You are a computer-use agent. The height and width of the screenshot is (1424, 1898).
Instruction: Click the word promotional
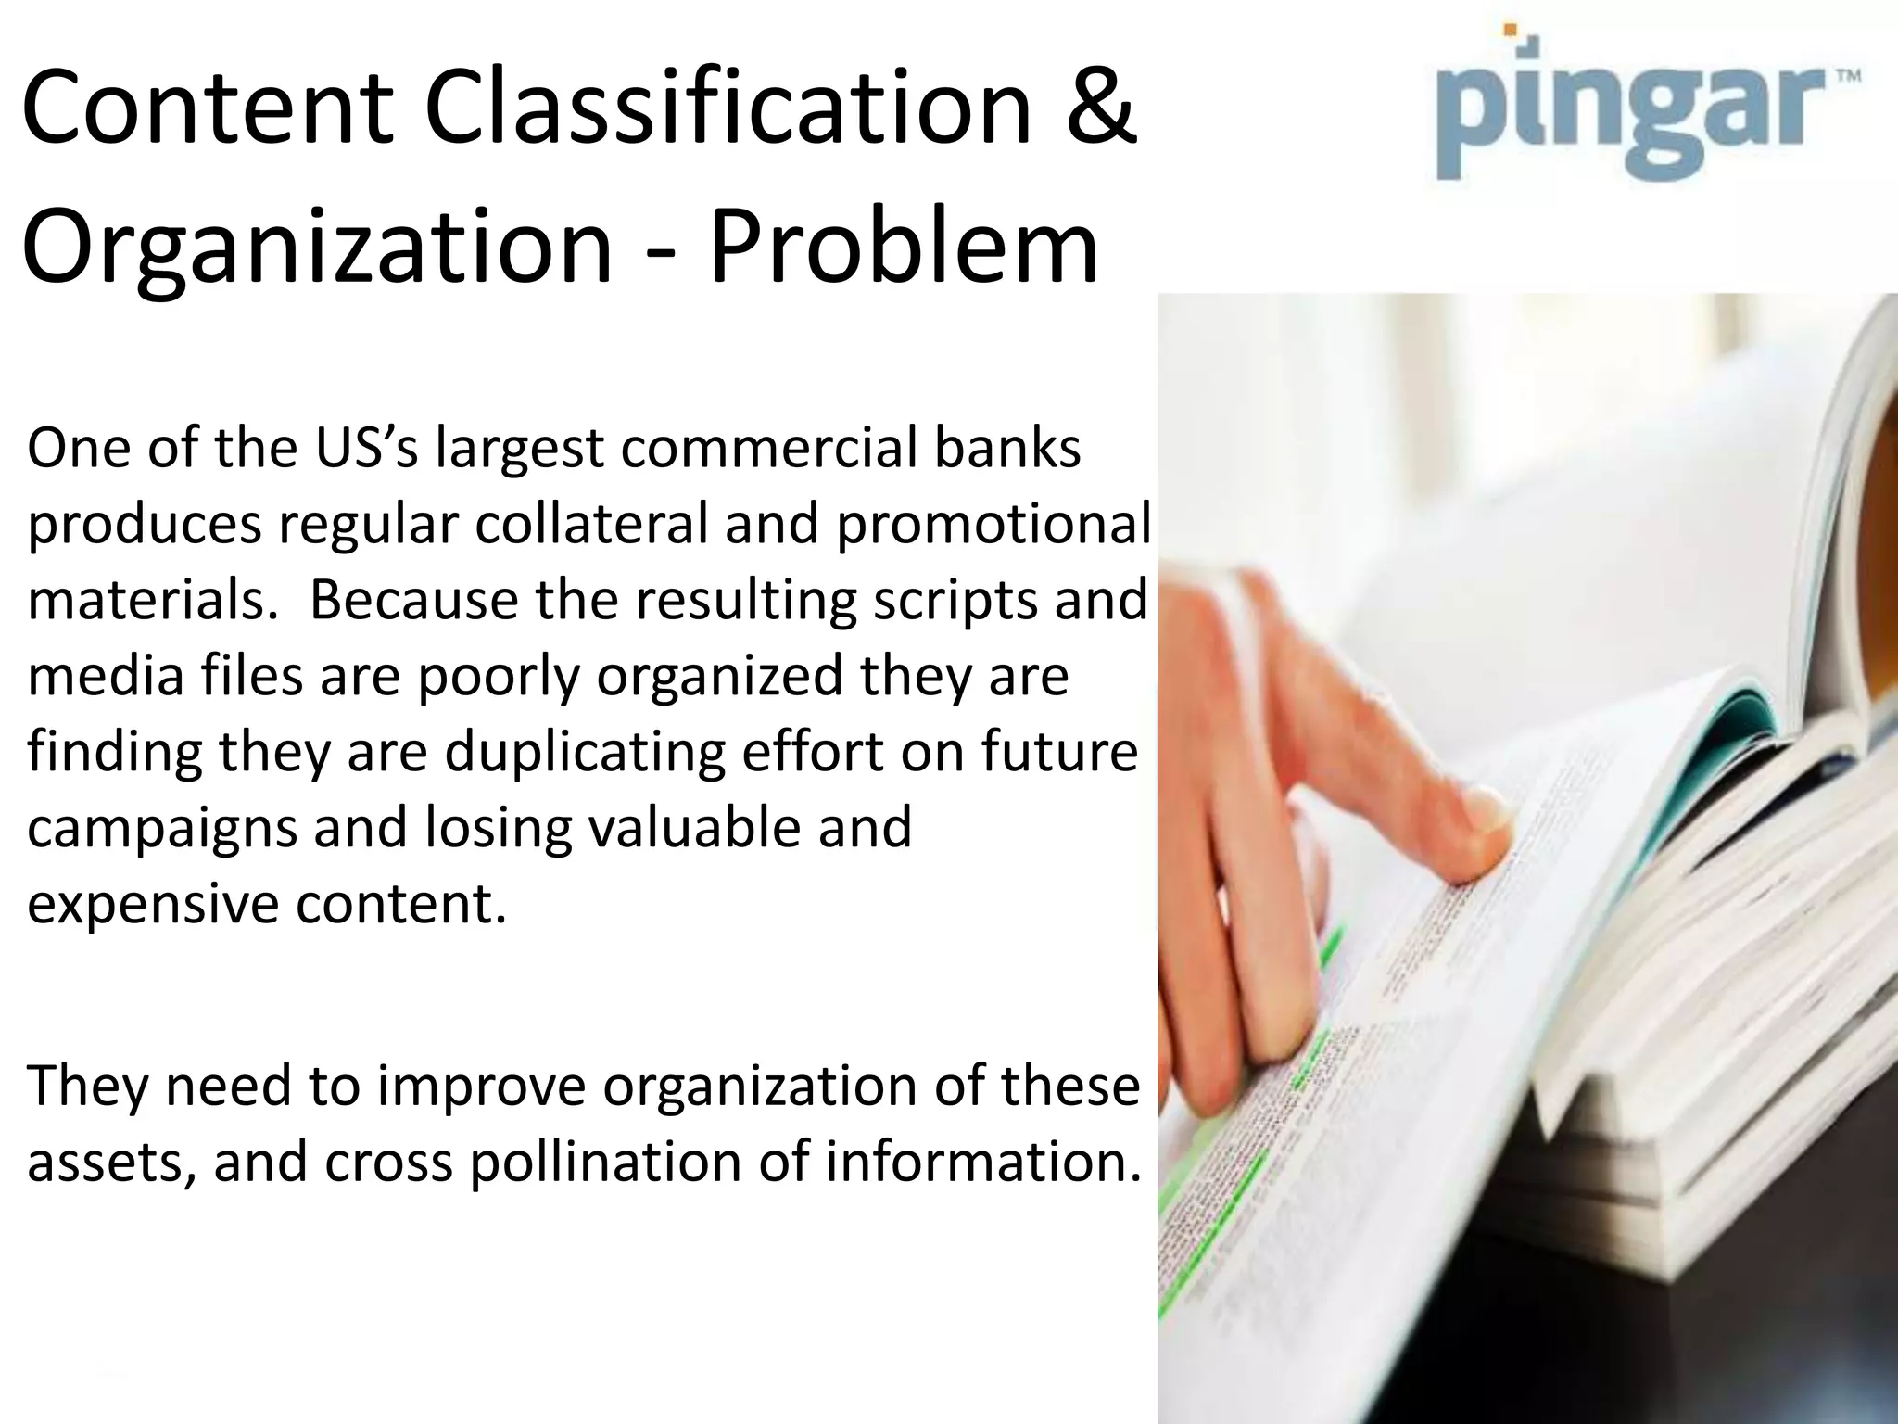click(x=993, y=525)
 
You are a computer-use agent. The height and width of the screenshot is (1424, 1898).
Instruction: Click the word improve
click(x=482, y=1086)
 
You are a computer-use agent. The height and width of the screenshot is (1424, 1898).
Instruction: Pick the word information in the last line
click(x=982, y=1162)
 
